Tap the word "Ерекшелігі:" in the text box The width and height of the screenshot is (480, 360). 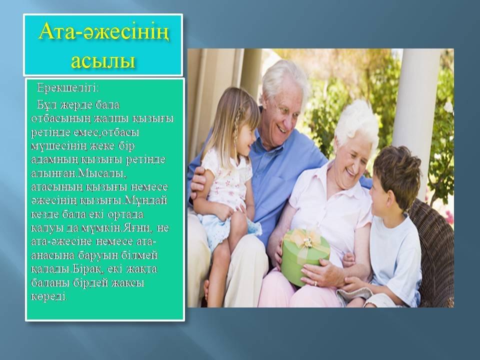tap(68, 88)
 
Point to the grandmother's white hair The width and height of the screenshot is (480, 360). tap(356, 122)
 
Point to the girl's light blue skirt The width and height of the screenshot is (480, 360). tap(221, 227)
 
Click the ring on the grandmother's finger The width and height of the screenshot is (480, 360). tap(315, 283)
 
